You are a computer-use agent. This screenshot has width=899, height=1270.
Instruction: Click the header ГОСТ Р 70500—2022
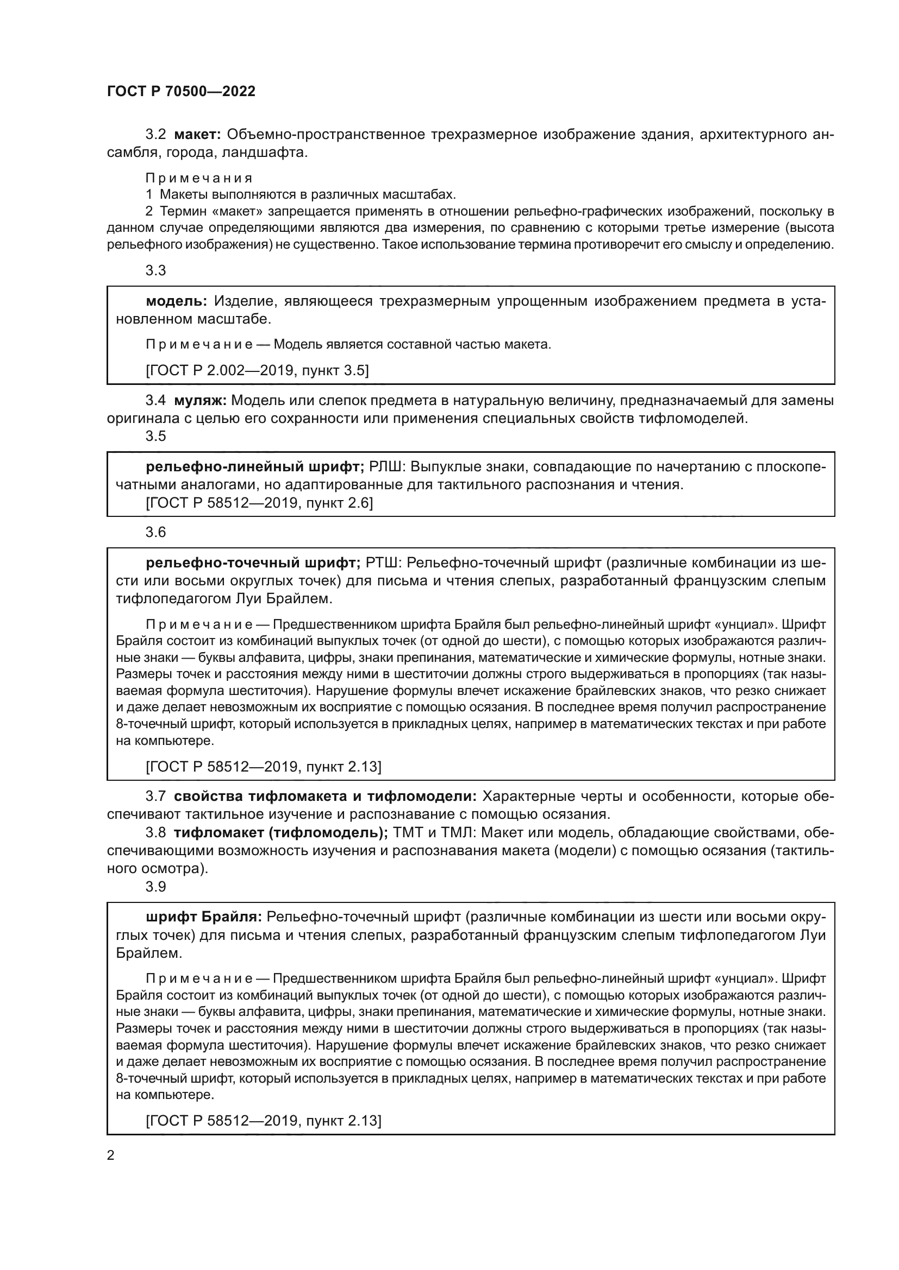(x=181, y=91)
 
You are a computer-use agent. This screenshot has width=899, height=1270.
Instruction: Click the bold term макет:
(x=198, y=135)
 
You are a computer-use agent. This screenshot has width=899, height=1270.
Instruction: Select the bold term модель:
(x=176, y=301)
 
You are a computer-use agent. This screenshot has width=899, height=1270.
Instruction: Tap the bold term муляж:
(x=201, y=400)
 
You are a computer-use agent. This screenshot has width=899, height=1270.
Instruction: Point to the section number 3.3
(x=155, y=270)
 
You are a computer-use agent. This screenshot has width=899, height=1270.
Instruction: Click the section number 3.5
(x=155, y=436)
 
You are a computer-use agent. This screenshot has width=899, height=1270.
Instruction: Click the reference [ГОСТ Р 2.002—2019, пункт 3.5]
(x=258, y=370)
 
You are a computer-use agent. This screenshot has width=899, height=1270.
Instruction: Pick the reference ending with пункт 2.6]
(x=259, y=503)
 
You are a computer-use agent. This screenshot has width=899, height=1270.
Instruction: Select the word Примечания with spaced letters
(x=199, y=178)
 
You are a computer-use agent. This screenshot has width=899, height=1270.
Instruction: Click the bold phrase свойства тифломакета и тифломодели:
(x=325, y=796)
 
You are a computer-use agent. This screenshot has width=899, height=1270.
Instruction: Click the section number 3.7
(x=155, y=796)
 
